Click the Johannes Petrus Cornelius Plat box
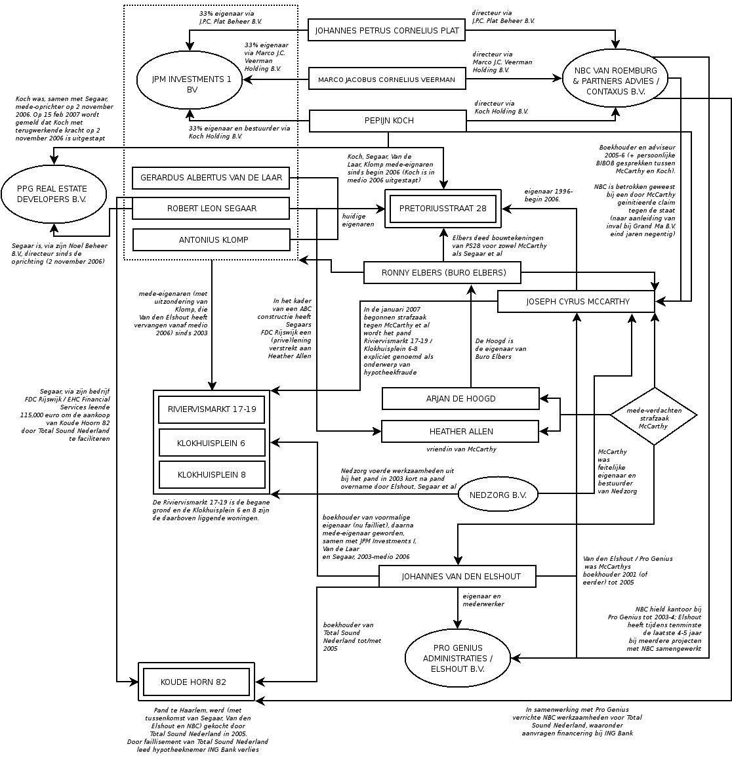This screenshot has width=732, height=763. coord(387,30)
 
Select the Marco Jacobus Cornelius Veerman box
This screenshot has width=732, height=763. coord(387,79)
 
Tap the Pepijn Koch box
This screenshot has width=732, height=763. coord(389,121)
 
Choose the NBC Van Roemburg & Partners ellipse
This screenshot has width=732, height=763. coord(615,81)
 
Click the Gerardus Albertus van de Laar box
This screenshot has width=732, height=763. coord(211,177)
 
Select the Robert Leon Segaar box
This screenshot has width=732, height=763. coord(211,208)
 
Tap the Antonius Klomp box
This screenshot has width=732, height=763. coord(211,239)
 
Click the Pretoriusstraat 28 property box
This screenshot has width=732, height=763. coord(443,209)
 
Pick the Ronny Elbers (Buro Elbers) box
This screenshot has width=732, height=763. coord(443,272)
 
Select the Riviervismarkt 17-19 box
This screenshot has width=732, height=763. coord(211,409)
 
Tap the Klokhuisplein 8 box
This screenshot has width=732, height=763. coord(211,474)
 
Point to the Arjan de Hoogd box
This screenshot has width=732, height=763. coord(460,398)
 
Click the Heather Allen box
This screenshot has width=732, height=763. coord(460,431)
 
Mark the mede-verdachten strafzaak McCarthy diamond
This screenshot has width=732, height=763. coord(653,416)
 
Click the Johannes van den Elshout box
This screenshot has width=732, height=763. coord(457,576)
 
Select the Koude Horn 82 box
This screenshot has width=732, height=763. coord(196,682)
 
